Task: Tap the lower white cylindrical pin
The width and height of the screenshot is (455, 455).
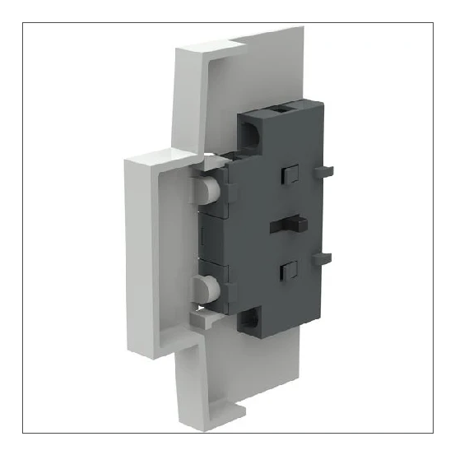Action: [x=202, y=289]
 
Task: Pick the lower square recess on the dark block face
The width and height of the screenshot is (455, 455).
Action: [x=287, y=269]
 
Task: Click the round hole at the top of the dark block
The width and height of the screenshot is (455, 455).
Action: [x=251, y=130]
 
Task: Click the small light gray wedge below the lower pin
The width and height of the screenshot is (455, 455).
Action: [x=198, y=316]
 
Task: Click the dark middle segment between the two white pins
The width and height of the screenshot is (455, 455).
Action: [x=216, y=239]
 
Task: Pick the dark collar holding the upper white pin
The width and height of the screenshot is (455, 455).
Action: [x=225, y=192]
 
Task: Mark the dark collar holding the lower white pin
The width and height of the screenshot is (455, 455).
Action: [x=225, y=289]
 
